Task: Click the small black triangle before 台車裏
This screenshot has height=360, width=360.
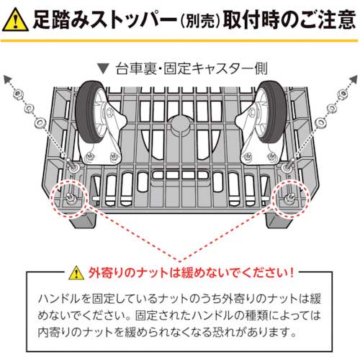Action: coord(105,70)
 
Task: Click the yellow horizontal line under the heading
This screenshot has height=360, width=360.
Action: coord(180,41)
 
